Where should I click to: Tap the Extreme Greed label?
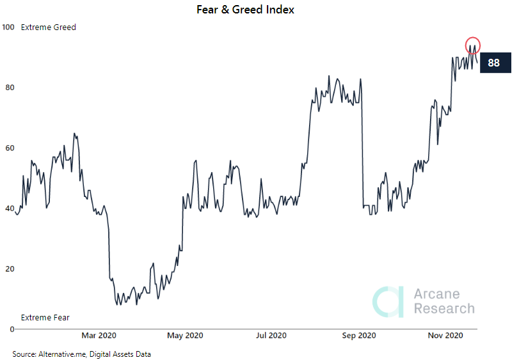pyautogui.click(x=49, y=27)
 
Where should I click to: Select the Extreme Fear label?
pyautogui.click(x=45, y=318)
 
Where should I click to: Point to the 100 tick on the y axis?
pyautogui.click(x=8, y=27)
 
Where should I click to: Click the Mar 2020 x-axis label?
pyautogui.click(x=99, y=336)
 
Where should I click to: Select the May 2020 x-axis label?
pyautogui.click(x=184, y=336)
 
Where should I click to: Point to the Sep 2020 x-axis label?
pyautogui.click(x=359, y=336)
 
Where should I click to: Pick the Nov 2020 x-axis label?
pyautogui.click(x=445, y=336)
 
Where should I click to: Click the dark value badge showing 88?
pyautogui.click(x=493, y=63)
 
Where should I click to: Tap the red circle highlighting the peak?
pyautogui.click(x=472, y=45)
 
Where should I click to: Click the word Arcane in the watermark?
pyautogui.click(x=437, y=294)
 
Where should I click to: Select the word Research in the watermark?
pyautogui.click(x=444, y=309)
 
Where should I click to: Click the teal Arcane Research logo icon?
pyautogui.click(x=389, y=301)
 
